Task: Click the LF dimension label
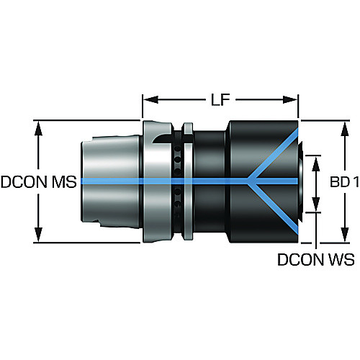(x=220, y=99)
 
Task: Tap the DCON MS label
(x=39, y=181)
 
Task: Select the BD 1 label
(x=344, y=182)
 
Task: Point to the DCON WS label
(x=316, y=259)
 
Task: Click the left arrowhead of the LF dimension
(x=150, y=99)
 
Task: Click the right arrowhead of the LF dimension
(x=290, y=99)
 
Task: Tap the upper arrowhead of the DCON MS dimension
(x=38, y=129)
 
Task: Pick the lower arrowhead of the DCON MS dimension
(x=38, y=235)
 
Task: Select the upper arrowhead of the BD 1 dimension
(x=345, y=130)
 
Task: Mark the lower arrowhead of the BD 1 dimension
(x=345, y=235)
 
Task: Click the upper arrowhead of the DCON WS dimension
(x=316, y=164)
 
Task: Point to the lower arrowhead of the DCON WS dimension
(x=316, y=204)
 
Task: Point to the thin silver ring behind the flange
(x=188, y=181)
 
